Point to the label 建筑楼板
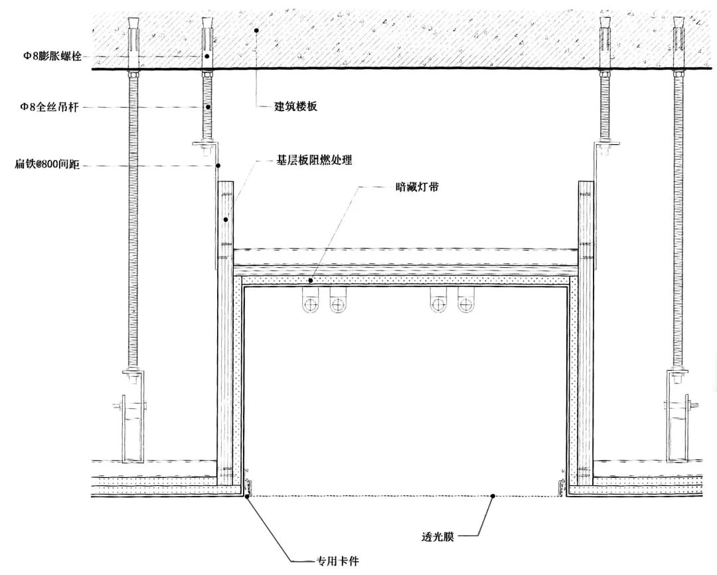coord(296,106)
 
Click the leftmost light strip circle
coord(311,305)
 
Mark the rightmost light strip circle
coord(466,305)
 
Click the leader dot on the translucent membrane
coord(493,496)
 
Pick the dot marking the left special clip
coord(247,495)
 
